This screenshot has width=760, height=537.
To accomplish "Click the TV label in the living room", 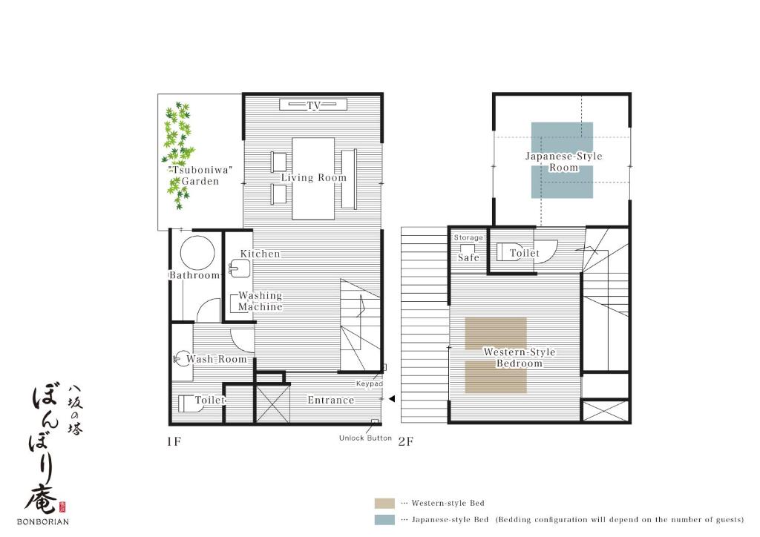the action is [x=314, y=105].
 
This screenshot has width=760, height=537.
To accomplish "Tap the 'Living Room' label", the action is [x=314, y=178].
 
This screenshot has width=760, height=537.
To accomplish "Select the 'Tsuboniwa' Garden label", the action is [x=200, y=176].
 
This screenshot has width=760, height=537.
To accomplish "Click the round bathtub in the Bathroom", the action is [x=197, y=252].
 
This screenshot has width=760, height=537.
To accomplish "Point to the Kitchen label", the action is [x=261, y=254].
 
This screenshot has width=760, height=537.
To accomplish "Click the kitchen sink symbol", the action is [x=240, y=268].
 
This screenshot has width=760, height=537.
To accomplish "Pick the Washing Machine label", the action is [x=261, y=301].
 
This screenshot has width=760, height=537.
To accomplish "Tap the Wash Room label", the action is [x=216, y=359].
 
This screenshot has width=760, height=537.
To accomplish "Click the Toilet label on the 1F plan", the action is [x=210, y=400].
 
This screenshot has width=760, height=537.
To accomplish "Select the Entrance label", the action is [x=331, y=400].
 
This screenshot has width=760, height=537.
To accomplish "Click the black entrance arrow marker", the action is [x=392, y=399].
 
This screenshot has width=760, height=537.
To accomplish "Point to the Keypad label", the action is [x=370, y=383].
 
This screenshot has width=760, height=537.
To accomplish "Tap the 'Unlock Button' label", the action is [x=365, y=438].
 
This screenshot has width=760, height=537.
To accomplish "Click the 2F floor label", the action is [x=406, y=441].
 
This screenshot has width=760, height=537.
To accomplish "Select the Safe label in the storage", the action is [x=469, y=257].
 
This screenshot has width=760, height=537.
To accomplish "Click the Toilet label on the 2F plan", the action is [x=525, y=253].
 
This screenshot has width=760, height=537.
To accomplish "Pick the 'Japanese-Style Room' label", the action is [x=564, y=162].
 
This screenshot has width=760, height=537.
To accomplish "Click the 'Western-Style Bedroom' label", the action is [x=520, y=358].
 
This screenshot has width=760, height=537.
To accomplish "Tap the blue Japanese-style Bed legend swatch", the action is [x=384, y=519].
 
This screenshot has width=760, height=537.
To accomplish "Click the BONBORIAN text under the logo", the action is [x=42, y=521].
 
